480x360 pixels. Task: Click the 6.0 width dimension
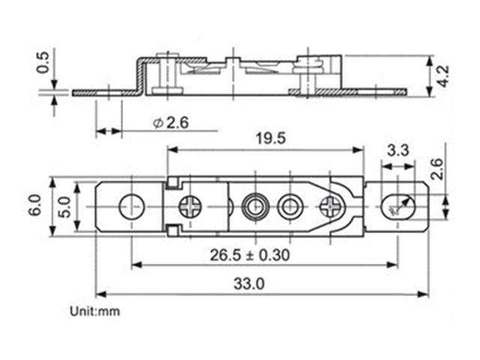coord(34,204)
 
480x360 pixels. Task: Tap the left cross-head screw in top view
coord(190,204)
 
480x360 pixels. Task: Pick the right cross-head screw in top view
coord(329,205)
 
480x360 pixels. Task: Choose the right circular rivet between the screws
coord(289,204)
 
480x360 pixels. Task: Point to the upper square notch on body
coord(171,181)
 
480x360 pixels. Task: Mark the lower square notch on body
coord(171,228)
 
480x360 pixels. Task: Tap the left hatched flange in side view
coord(105,92)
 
